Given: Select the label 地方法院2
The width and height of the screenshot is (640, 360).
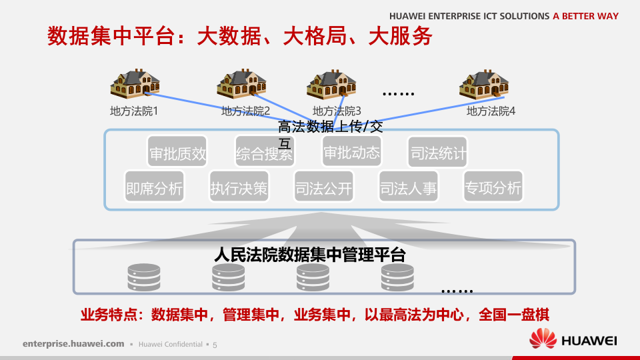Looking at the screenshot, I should point(245,111).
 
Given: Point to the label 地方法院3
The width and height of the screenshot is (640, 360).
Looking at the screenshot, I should point(337,111).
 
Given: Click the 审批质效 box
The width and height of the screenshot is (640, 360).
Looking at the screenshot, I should point(177,155).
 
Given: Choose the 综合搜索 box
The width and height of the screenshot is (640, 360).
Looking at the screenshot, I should point(264,155).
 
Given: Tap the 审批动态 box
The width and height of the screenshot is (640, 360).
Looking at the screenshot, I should point(351,153).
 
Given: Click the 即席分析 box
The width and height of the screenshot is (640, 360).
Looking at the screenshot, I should point(154,189).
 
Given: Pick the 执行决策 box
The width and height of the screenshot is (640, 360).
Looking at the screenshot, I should point(239,189).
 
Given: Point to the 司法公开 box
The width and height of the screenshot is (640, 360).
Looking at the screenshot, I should point(323,189).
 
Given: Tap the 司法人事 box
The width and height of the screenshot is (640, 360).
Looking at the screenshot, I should point(408,189).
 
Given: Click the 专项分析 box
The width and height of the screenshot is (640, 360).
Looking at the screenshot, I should point(493,189).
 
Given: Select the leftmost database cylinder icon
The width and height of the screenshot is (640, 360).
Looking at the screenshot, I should point(143,277).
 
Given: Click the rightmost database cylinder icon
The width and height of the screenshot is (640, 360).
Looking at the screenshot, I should point(398,277).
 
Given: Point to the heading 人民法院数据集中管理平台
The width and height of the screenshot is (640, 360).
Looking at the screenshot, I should point(310,255).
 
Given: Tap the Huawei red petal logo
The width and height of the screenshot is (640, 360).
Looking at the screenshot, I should point(543,339).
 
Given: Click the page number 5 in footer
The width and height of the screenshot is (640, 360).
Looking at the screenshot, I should point(215,345).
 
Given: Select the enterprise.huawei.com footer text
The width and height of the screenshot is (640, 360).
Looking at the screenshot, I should point(73,344).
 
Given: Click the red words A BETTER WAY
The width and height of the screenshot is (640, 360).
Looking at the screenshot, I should point(586,16).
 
